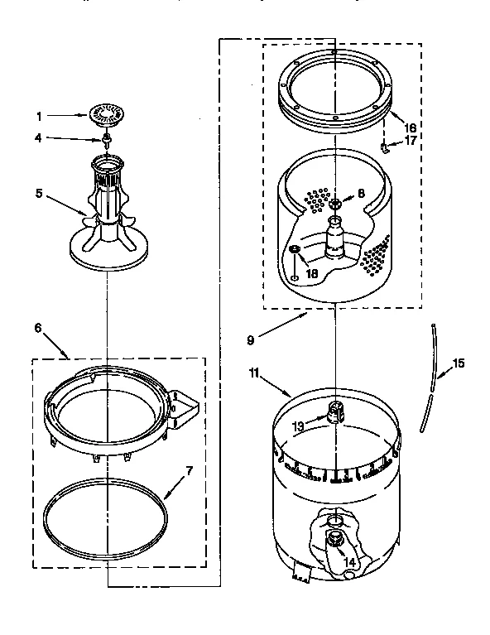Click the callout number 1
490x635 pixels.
point(38,116)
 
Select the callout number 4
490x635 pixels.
point(38,138)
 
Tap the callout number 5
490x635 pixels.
point(38,195)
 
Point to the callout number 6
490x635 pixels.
point(38,328)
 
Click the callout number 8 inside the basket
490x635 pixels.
point(361,195)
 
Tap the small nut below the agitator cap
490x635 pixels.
point(106,137)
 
